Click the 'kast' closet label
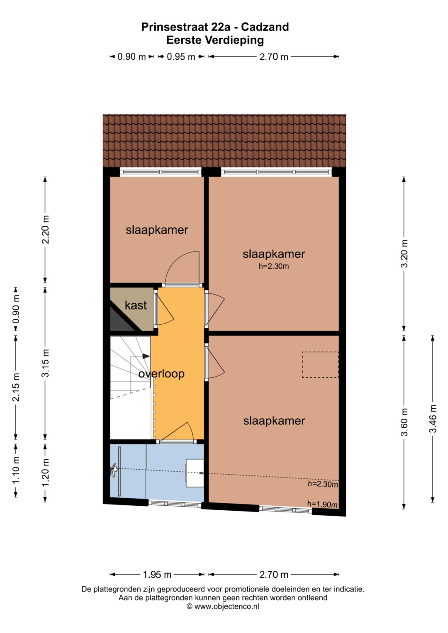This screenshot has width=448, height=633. (136, 306)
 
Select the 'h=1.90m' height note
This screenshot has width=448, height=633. (322, 504)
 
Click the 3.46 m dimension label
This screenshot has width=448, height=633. (433, 419)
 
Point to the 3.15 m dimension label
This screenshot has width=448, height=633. (45, 363)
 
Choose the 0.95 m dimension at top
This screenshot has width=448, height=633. (181, 57)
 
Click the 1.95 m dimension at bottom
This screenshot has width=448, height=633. (157, 575)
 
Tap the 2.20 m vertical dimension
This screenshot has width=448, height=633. (45, 230)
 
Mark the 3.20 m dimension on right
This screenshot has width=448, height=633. (404, 253)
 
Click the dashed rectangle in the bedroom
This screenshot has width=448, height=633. (320, 364)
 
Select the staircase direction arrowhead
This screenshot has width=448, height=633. (146, 356)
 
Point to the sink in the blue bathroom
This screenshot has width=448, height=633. (195, 473)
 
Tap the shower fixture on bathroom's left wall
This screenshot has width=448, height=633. (114, 470)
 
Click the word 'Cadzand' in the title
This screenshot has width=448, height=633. (265, 27)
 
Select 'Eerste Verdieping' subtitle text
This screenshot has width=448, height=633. (215, 40)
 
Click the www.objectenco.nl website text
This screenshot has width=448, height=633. (226, 606)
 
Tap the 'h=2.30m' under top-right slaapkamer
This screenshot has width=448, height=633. (274, 266)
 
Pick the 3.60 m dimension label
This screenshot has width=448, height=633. (404, 422)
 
